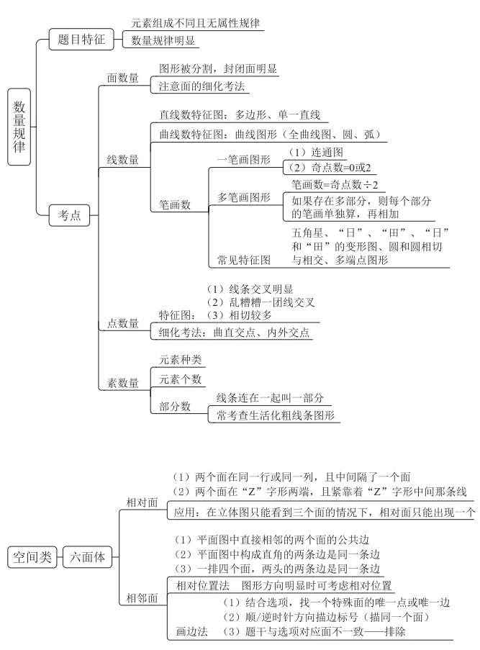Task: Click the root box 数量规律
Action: click(19, 127)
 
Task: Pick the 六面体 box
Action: click(88, 556)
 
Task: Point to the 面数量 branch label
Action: click(123, 78)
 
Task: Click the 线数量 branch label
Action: click(123, 160)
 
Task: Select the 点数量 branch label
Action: click(123, 324)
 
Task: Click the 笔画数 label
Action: click(175, 205)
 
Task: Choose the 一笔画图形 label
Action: click(244, 159)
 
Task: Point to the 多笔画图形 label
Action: click(244, 197)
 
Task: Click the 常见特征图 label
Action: click(244, 259)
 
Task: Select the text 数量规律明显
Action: click(163, 41)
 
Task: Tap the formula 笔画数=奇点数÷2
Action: click(335, 185)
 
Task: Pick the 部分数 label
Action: click(175, 407)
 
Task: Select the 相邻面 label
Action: click(142, 598)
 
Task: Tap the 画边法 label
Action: click(192, 631)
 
